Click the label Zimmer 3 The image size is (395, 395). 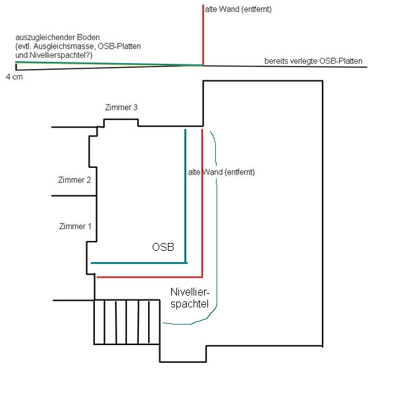pos(121,107)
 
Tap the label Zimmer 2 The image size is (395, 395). pos(74,180)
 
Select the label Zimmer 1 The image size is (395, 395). pos(75,226)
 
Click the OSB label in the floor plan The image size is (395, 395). pos(163,248)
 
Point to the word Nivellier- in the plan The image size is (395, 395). pos(193,292)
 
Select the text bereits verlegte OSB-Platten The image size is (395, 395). pos(313,61)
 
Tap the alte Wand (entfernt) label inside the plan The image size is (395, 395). pos(221,172)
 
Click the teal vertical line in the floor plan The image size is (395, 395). pos(186,197)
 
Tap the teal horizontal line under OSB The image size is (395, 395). pos(138,263)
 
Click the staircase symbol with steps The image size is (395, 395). pos(127,321)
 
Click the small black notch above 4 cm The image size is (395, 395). pos(17,66)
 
